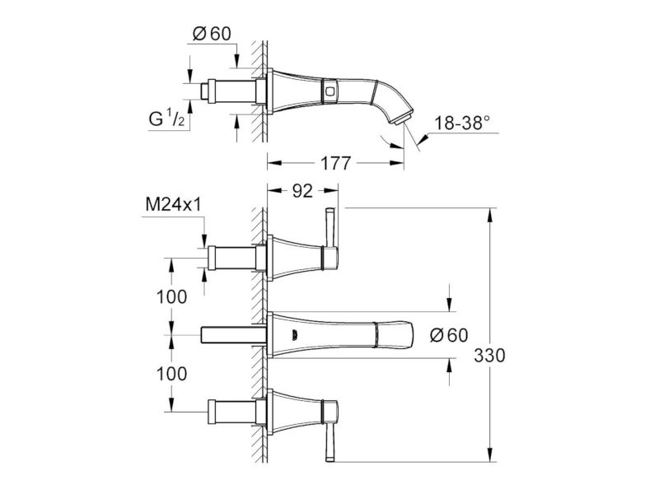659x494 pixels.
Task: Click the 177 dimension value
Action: [x=335, y=163]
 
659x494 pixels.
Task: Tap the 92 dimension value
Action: [x=302, y=191]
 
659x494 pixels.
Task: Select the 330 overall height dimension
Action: [x=489, y=356]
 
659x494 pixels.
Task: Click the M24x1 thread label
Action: [x=173, y=205]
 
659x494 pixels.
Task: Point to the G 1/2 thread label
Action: [x=167, y=119]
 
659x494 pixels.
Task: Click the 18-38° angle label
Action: [x=462, y=123]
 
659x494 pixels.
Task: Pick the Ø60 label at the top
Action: [x=212, y=34]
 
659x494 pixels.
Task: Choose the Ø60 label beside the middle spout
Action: [x=449, y=335]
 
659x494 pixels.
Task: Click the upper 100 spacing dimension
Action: [x=171, y=297]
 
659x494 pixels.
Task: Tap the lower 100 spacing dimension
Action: [x=171, y=374]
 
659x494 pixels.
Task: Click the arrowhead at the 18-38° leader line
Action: [x=423, y=137]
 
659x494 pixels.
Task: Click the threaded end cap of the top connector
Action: [x=205, y=91]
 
